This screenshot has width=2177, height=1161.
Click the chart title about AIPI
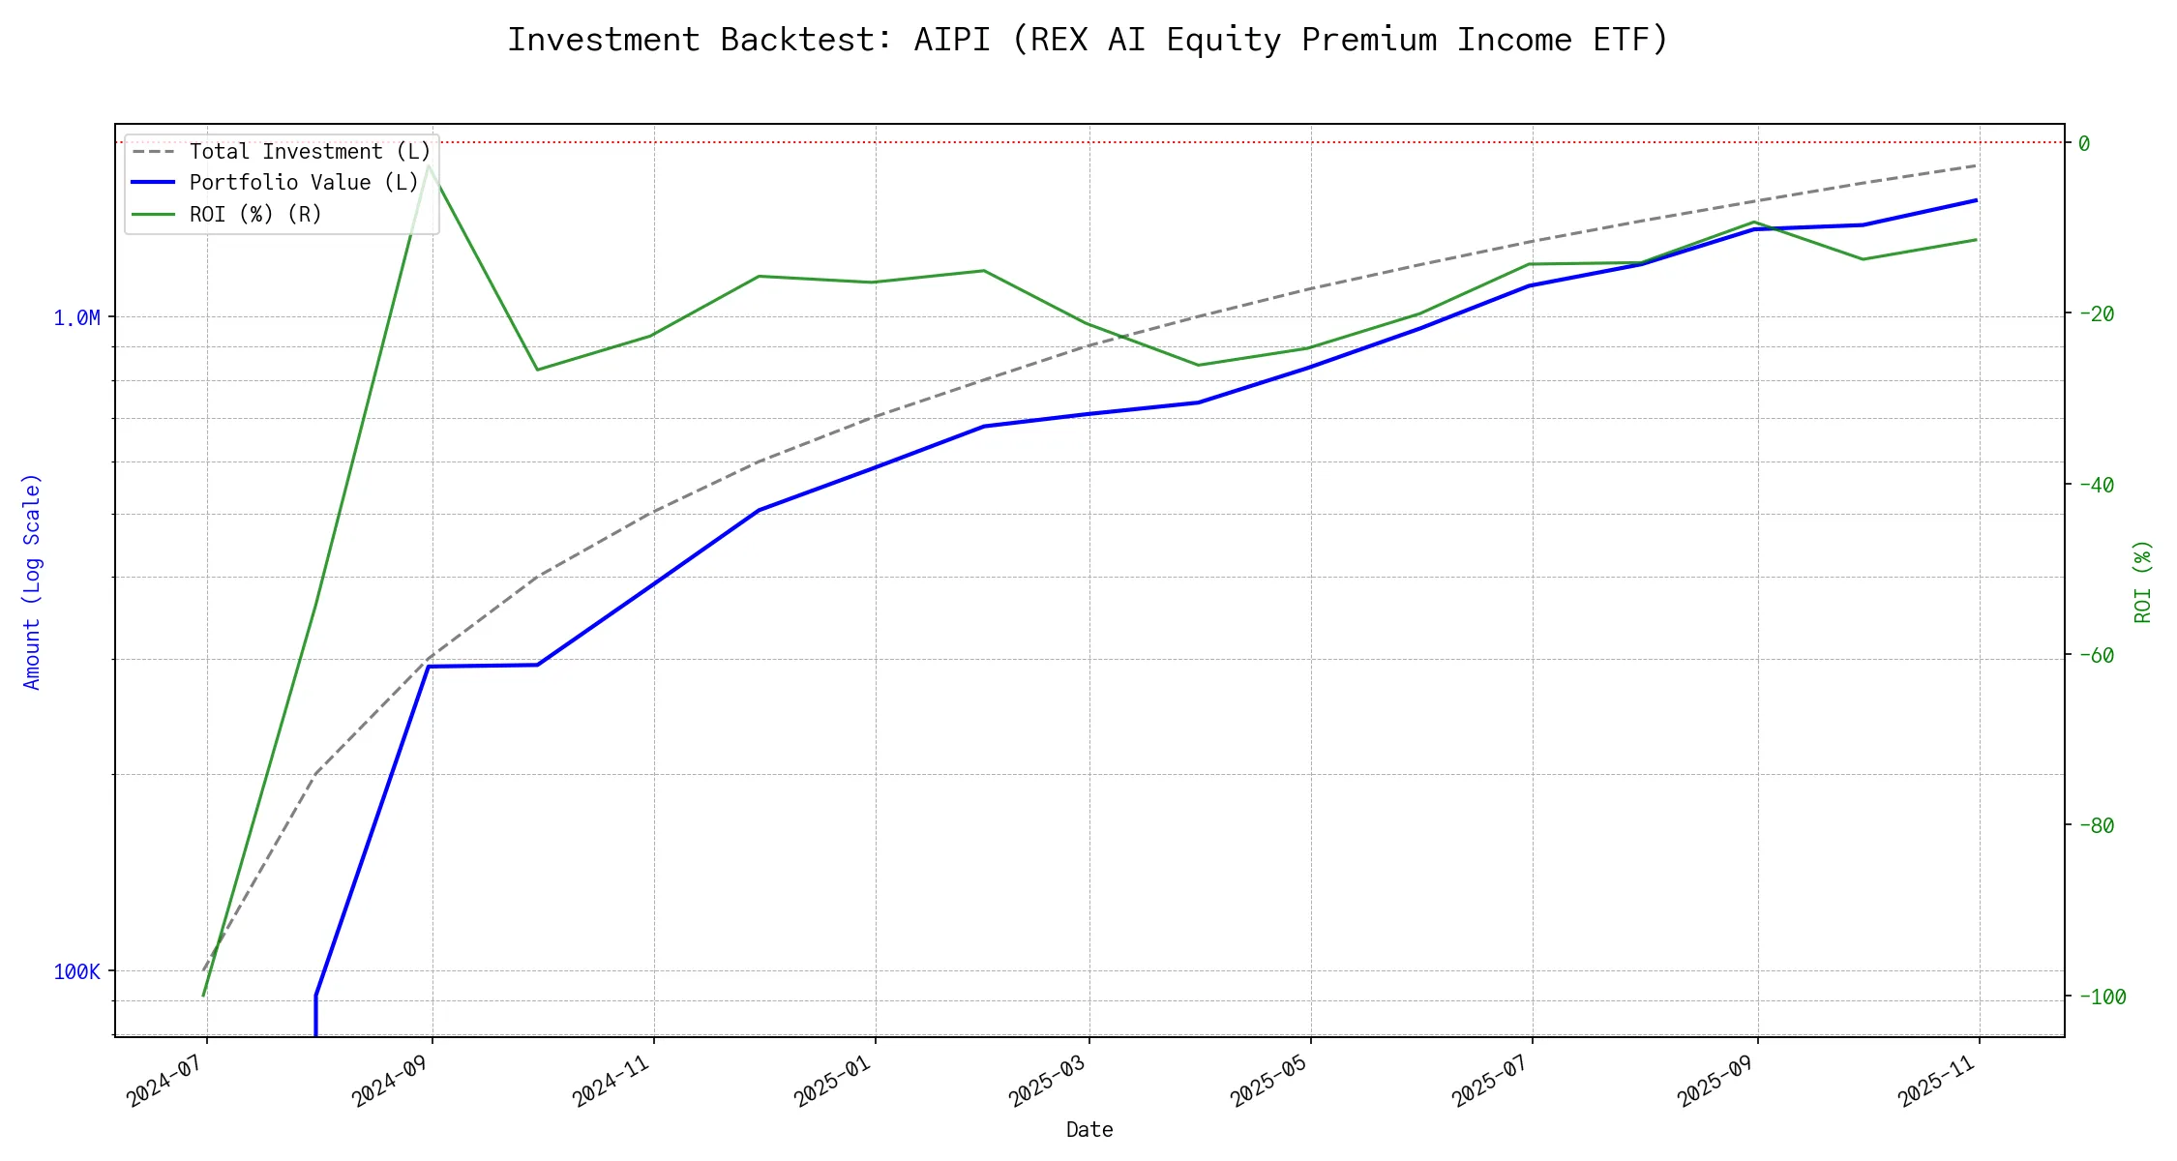1088,40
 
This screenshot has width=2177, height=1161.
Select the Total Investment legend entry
310,152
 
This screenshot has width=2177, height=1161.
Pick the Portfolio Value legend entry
304,183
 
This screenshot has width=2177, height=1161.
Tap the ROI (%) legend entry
255,214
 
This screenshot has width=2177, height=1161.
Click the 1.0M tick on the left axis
76,317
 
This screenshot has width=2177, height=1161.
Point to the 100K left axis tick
76,971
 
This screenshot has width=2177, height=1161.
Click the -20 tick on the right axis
2095,313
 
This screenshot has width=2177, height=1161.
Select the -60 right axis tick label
2095,655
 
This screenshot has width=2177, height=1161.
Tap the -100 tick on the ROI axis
2101,997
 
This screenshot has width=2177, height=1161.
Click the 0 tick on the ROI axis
2084,143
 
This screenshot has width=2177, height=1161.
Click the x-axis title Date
1089,1130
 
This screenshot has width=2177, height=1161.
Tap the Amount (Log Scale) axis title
32,580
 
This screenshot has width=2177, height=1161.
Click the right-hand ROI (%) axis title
2143,580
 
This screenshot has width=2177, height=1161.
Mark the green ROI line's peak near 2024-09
429,165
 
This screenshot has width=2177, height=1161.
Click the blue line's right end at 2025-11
1976,200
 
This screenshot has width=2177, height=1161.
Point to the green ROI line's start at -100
203,996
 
